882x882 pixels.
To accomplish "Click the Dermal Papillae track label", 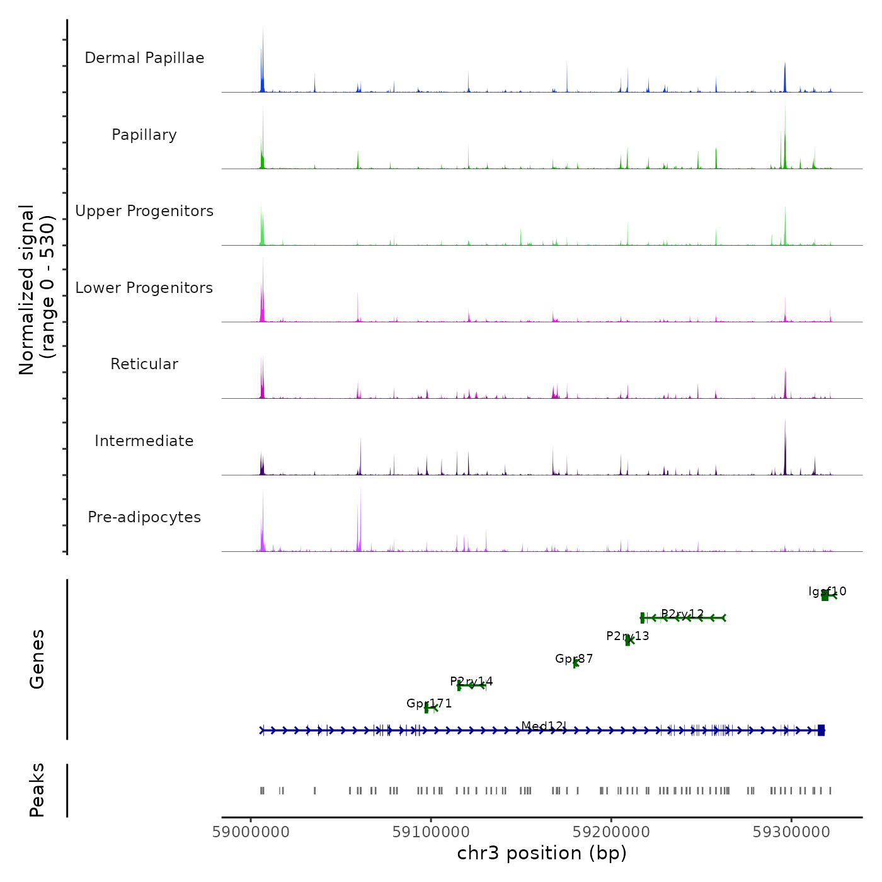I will tap(144, 58).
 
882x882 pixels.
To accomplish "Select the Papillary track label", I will tap(144, 135).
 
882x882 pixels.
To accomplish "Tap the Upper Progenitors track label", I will tap(144, 211).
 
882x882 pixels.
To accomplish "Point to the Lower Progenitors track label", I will tap(144, 288).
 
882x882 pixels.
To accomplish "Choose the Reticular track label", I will tap(144, 364).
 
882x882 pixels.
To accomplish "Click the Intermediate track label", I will tap(144, 441).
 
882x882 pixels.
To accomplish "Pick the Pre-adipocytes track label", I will tap(144, 517).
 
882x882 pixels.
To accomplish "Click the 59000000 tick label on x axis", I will tap(251, 832).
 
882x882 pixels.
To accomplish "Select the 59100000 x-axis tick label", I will tap(431, 832).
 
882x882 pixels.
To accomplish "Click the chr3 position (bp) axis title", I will tap(542, 854).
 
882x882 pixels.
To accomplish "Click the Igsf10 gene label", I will tap(827, 592).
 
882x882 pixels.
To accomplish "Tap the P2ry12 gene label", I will tap(682, 614).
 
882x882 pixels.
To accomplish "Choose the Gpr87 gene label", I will tap(574, 659).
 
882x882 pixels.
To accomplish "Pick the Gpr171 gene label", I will tap(429, 704).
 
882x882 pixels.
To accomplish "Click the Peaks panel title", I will tap(37, 790).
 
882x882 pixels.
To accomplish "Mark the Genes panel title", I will tap(37, 659).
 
